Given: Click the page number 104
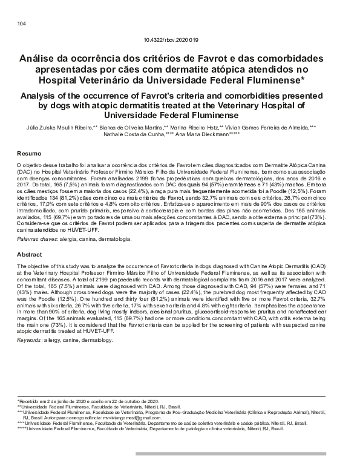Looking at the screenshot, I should click(x=22, y=24).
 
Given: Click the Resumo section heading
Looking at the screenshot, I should click(x=28, y=154).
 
